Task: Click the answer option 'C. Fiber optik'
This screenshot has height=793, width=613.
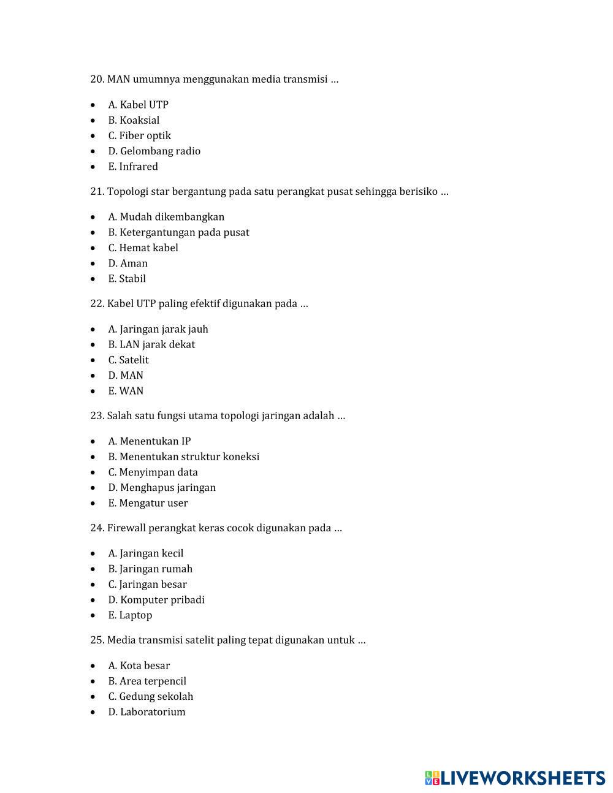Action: (x=139, y=135)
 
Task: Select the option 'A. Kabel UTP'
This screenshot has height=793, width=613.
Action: (x=138, y=105)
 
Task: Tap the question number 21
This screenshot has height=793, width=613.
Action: (x=97, y=192)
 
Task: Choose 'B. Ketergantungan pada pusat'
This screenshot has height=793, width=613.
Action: (x=178, y=232)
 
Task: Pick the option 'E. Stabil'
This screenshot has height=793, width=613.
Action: (x=127, y=278)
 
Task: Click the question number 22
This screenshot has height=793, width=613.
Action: (x=97, y=304)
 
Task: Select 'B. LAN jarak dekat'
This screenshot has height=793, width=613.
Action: (x=151, y=344)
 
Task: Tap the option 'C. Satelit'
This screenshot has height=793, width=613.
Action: (x=128, y=360)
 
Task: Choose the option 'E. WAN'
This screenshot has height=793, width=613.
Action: (x=126, y=390)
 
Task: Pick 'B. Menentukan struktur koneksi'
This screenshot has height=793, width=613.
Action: (x=183, y=457)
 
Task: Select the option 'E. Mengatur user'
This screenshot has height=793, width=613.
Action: (x=148, y=503)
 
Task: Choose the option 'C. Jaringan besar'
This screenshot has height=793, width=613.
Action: (x=147, y=584)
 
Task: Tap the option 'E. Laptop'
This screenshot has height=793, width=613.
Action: (x=130, y=615)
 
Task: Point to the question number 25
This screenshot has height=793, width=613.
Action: (x=97, y=640)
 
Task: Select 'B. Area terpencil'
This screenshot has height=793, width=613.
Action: (x=147, y=681)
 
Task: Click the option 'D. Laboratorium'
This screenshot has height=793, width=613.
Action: (x=147, y=711)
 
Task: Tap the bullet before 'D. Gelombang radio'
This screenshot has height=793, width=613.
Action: (x=93, y=151)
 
